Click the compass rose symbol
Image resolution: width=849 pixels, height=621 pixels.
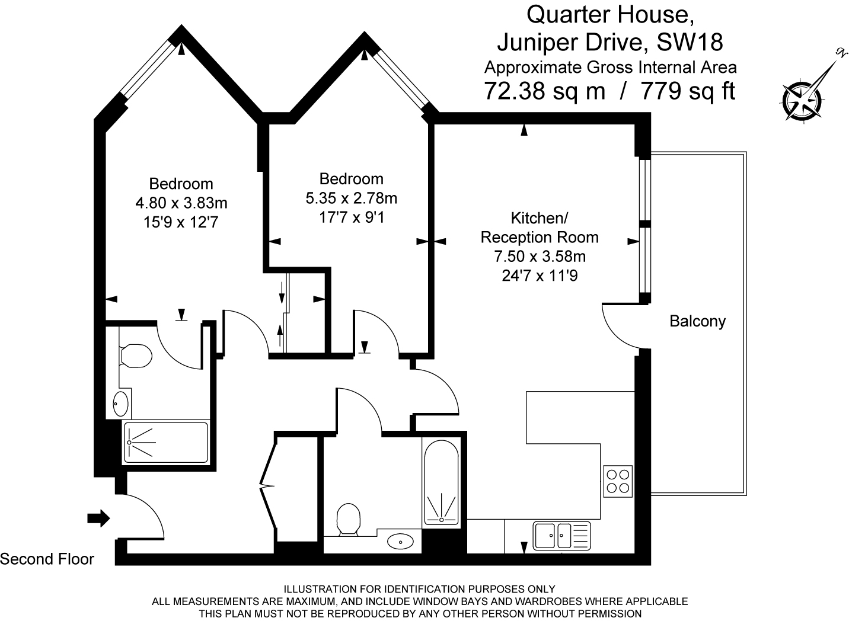pyautogui.click(x=802, y=101)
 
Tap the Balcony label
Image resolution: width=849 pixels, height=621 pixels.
pyautogui.click(x=697, y=321)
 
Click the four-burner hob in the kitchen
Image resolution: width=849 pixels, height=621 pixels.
pyautogui.click(x=618, y=481)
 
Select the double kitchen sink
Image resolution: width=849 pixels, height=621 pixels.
pyautogui.click(x=561, y=536)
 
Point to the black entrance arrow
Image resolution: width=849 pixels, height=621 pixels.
pyautogui.click(x=98, y=518)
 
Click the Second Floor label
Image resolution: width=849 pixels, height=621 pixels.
pyautogui.click(x=47, y=559)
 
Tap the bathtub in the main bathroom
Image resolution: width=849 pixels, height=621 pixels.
pyautogui.click(x=441, y=482)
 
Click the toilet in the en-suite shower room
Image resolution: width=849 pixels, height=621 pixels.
pyautogui.click(x=136, y=356)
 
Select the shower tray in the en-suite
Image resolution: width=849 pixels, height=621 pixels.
pyautogui.click(x=165, y=443)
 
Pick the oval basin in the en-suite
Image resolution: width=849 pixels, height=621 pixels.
pyautogui.click(x=121, y=404)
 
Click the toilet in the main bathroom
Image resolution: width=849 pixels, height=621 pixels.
pyautogui.click(x=349, y=519)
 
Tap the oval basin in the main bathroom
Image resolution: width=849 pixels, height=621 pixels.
pyautogui.click(x=400, y=541)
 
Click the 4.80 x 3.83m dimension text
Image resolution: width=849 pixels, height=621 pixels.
pyautogui.click(x=181, y=203)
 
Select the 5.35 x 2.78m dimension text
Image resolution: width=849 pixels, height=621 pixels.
pyautogui.click(x=352, y=198)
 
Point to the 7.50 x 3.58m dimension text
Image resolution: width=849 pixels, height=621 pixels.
pyautogui.click(x=540, y=257)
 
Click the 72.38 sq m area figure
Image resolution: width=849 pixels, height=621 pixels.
pyautogui.click(x=545, y=91)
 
